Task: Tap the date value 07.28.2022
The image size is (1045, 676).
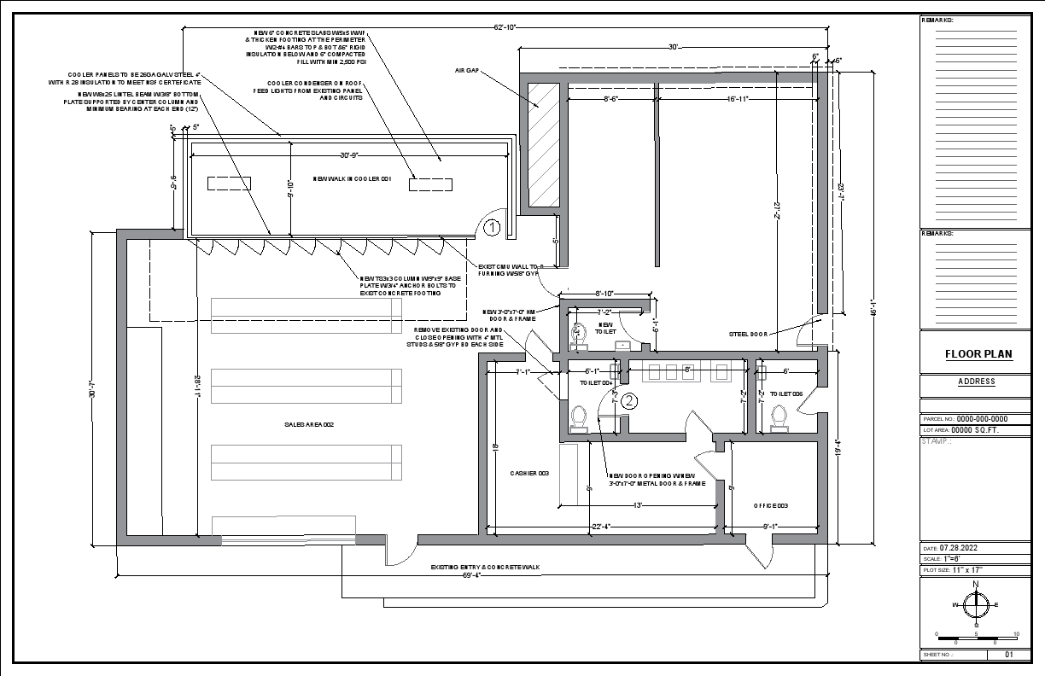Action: [x=963, y=547]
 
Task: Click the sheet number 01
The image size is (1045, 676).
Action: [x=1008, y=655]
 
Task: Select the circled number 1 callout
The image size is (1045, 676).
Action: [x=492, y=227]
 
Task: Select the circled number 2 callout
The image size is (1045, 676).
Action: [x=629, y=399]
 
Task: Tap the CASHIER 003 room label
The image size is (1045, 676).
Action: [x=529, y=473]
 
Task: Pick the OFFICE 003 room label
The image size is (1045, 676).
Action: [x=770, y=505]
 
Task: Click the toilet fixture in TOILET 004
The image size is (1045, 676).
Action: [x=579, y=418]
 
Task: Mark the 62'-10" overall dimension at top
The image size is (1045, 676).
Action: [x=505, y=27]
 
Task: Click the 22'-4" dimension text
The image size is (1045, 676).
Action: [x=599, y=526]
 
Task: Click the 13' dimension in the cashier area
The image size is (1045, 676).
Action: [x=637, y=505]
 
